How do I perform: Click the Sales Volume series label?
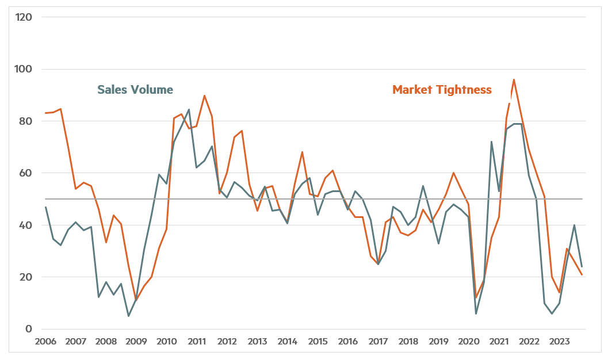135,90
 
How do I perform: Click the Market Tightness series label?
442,90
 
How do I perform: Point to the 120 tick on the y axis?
24,17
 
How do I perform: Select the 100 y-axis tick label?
24,69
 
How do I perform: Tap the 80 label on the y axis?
25,121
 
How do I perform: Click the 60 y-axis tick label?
25,173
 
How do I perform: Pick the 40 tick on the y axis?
25,225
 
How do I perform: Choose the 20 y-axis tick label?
25,277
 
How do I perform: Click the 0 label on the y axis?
28,329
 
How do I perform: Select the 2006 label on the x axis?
45,342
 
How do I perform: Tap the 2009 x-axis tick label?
136,342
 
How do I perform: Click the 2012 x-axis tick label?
227,342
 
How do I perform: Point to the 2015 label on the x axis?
318,342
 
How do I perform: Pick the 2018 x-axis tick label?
408,342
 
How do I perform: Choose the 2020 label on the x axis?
469,342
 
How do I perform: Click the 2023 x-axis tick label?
560,342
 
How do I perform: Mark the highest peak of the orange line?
514,79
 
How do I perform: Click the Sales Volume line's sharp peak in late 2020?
491,141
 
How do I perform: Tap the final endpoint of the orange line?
582,275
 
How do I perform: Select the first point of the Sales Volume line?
45,207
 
